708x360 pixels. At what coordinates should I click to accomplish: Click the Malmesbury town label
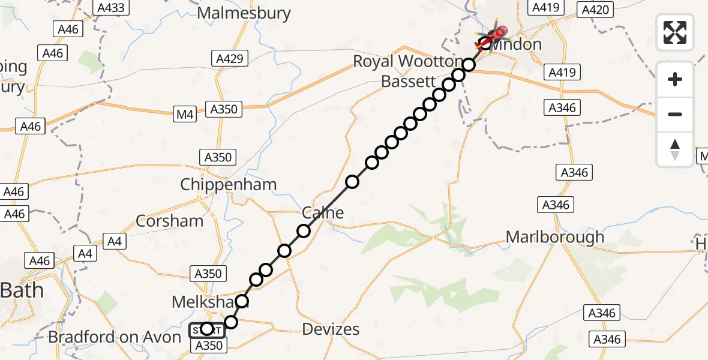244,13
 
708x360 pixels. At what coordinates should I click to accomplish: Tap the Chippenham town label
229,184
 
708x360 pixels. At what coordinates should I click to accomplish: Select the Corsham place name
170,221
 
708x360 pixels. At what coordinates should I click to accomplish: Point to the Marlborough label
555,237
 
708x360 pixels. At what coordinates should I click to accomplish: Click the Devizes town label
331,329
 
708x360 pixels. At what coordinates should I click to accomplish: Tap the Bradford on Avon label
115,337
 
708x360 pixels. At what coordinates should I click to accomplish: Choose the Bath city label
22,291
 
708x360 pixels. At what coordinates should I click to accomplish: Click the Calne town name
323,212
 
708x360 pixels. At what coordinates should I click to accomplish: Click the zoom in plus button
675,79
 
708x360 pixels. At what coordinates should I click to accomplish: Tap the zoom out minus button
675,114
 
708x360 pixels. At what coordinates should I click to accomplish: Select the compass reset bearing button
675,149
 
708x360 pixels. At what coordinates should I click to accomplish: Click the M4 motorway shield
185,115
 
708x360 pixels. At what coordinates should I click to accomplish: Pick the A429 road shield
230,58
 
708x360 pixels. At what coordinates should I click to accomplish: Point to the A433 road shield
112,7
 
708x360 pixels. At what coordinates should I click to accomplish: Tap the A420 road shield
595,9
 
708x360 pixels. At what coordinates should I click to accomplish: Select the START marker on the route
206,329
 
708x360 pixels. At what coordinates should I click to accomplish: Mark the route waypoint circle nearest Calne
304,231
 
